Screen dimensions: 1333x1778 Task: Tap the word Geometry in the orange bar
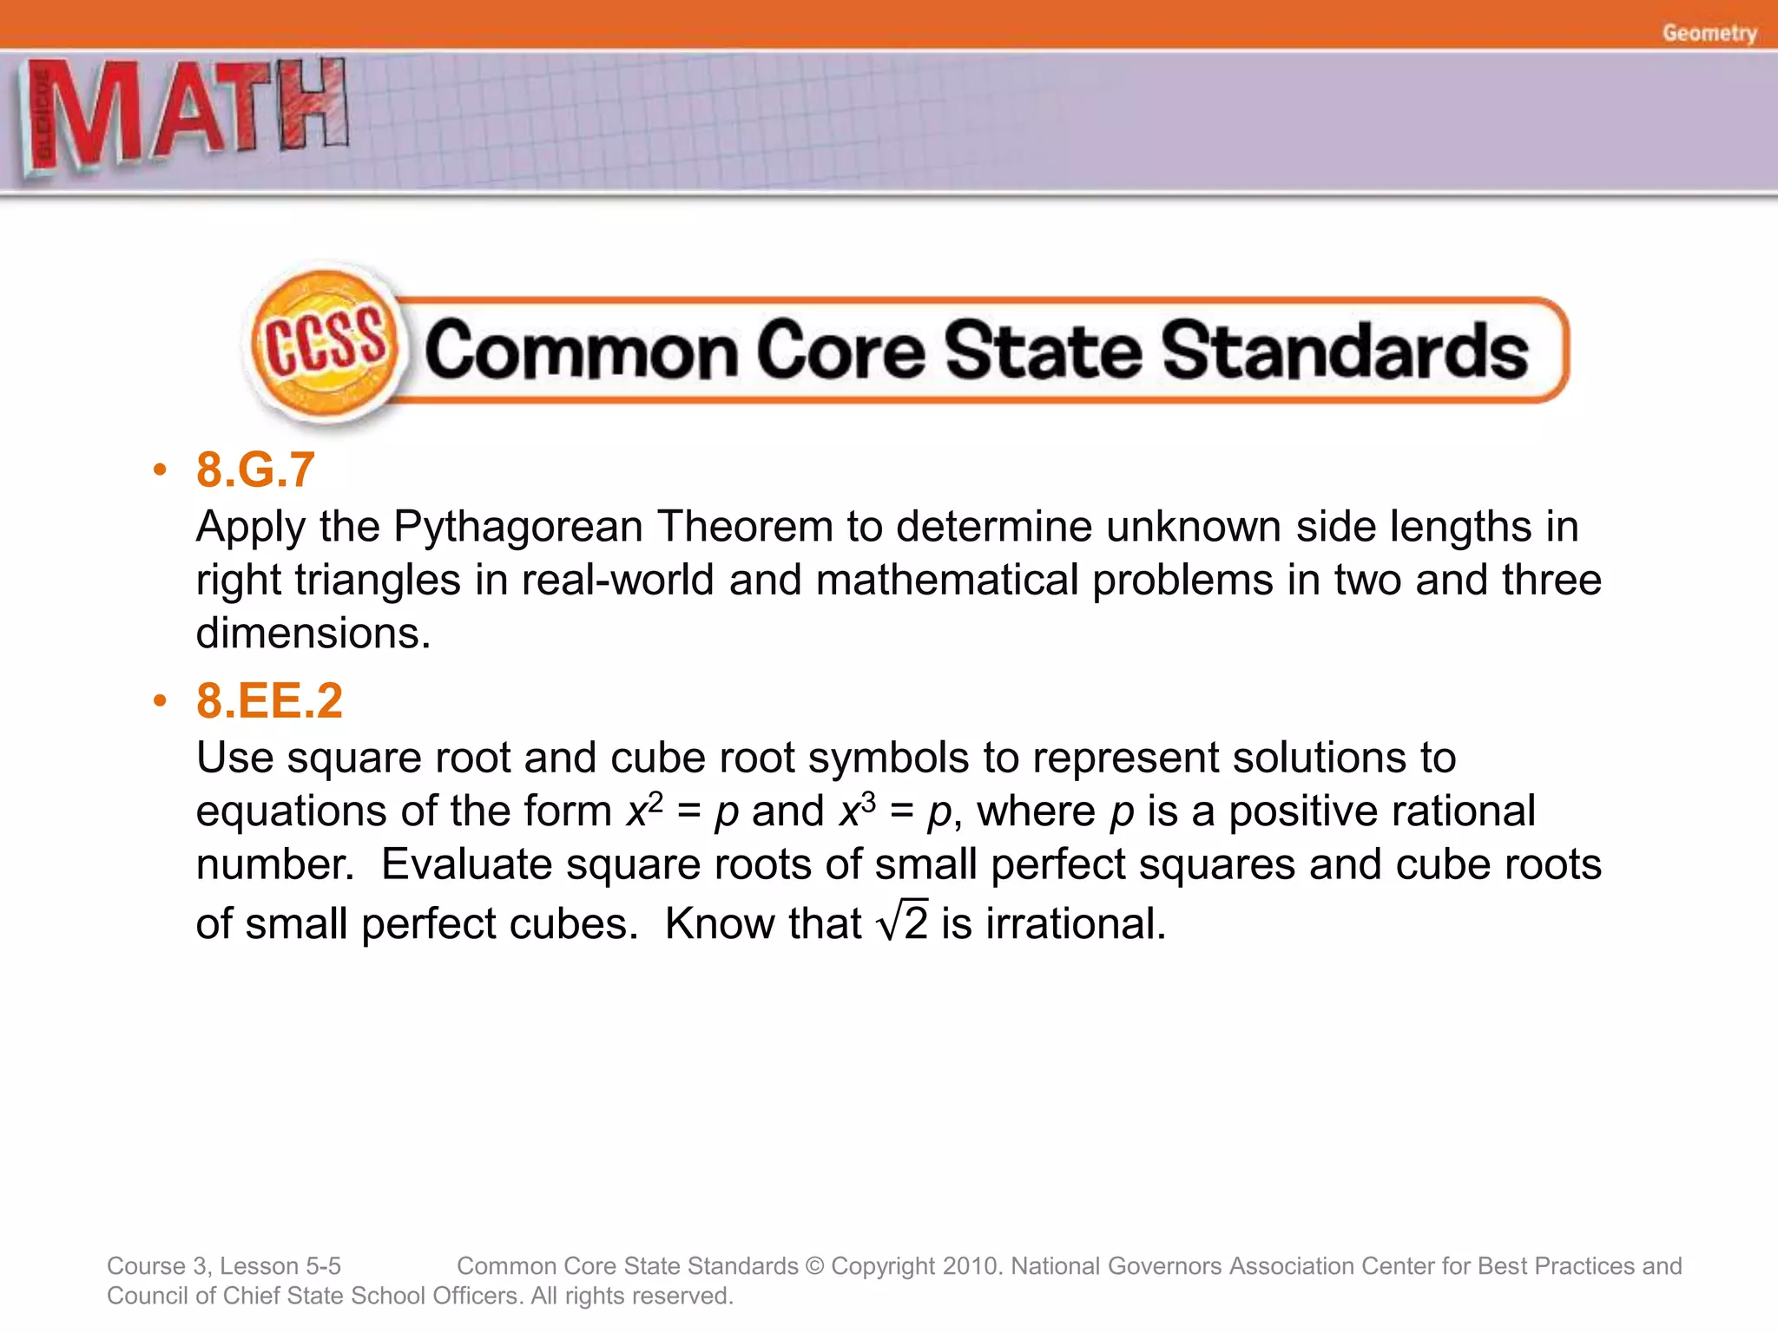(1709, 33)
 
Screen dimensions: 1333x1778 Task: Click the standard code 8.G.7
(255, 470)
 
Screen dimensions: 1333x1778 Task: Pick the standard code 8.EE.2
(269, 700)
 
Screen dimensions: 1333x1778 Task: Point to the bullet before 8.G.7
(159, 470)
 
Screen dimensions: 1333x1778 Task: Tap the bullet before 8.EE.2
(159, 701)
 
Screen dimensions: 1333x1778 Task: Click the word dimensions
(312, 633)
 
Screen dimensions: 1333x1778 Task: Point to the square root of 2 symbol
(903, 922)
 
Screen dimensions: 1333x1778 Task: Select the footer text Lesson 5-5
(280, 1266)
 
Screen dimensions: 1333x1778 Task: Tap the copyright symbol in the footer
(814, 1266)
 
